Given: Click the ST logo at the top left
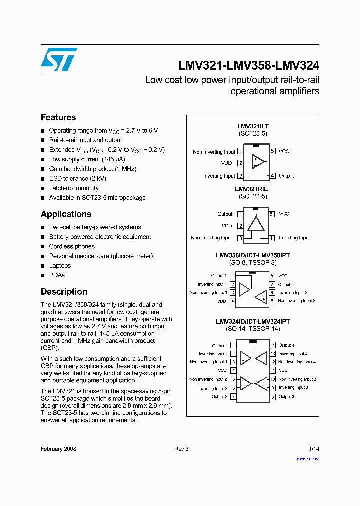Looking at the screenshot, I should [x=59, y=59].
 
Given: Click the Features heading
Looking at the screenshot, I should [x=58, y=117].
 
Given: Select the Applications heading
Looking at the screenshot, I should [x=66, y=214].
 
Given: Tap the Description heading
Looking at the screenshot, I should [x=64, y=292].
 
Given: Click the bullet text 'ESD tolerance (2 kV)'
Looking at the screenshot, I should [x=77, y=178].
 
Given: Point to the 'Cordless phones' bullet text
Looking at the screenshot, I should [x=72, y=246].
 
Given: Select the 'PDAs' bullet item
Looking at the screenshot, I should [x=57, y=275].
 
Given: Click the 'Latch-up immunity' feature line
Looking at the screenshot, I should [x=74, y=188].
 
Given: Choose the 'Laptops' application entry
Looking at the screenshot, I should [x=60, y=266].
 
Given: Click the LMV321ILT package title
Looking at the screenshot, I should [x=253, y=127].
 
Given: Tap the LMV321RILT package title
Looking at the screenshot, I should [x=253, y=189].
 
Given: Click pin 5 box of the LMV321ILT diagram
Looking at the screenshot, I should [x=272, y=151].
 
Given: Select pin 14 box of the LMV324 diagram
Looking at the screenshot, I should [x=273, y=345].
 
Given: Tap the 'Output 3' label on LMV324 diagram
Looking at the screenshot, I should [x=286, y=396].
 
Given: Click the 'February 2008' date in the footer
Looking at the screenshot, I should [x=58, y=449].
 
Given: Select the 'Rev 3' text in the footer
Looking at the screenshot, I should [x=181, y=449].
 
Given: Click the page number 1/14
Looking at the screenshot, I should [x=314, y=449].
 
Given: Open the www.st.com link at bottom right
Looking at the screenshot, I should [x=308, y=458].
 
